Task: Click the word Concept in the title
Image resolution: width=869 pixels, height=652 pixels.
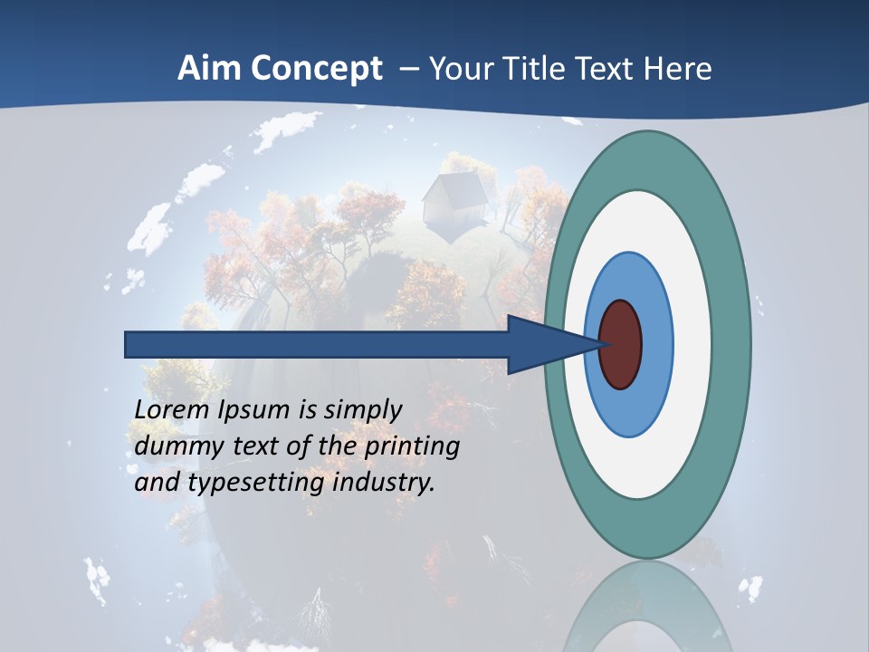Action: pos(317,70)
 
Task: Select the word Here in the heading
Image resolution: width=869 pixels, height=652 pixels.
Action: pos(679,69)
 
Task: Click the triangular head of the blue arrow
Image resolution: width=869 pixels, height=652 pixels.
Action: pos(543,345)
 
